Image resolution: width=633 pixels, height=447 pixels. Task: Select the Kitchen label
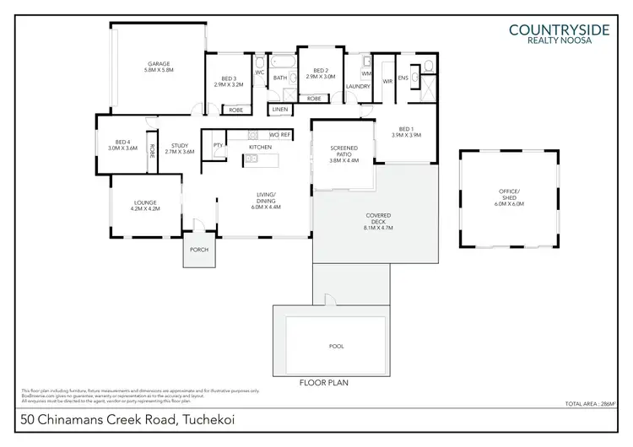coord(259,148)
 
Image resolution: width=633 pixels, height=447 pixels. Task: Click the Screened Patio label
coord(344,153)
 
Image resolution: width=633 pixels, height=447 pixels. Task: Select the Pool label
coord(336,347)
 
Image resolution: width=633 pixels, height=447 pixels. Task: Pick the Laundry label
coord(359,86)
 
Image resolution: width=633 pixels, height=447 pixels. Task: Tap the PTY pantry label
coord(218,145)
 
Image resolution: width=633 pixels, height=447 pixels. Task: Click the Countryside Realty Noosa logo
coord(560,33)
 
